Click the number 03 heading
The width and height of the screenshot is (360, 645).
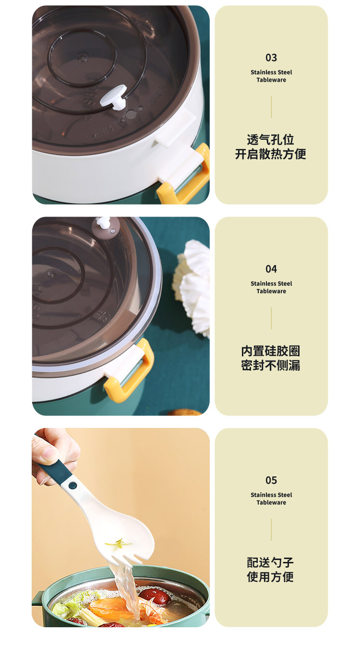(271, 58)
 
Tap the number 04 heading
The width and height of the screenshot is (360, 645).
(271, 269)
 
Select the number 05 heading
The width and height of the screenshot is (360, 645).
(271, 480)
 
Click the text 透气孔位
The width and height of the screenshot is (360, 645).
(271, 140)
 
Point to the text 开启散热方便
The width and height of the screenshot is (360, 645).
(271, 154)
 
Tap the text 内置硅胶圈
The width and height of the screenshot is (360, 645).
(271, 351)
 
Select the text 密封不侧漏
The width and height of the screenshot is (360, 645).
(271, 365)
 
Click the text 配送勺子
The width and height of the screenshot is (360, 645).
(271, 562)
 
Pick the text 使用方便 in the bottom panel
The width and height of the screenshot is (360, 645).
(271, 577)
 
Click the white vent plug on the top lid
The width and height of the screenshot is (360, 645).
(114, 97)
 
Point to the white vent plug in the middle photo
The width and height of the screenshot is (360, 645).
(103, 222)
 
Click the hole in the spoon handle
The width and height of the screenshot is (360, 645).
(72, 486)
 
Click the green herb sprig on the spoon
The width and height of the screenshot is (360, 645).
(118, 544)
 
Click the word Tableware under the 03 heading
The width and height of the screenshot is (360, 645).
(271, 80)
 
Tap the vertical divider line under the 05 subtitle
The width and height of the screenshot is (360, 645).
(271, 529)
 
